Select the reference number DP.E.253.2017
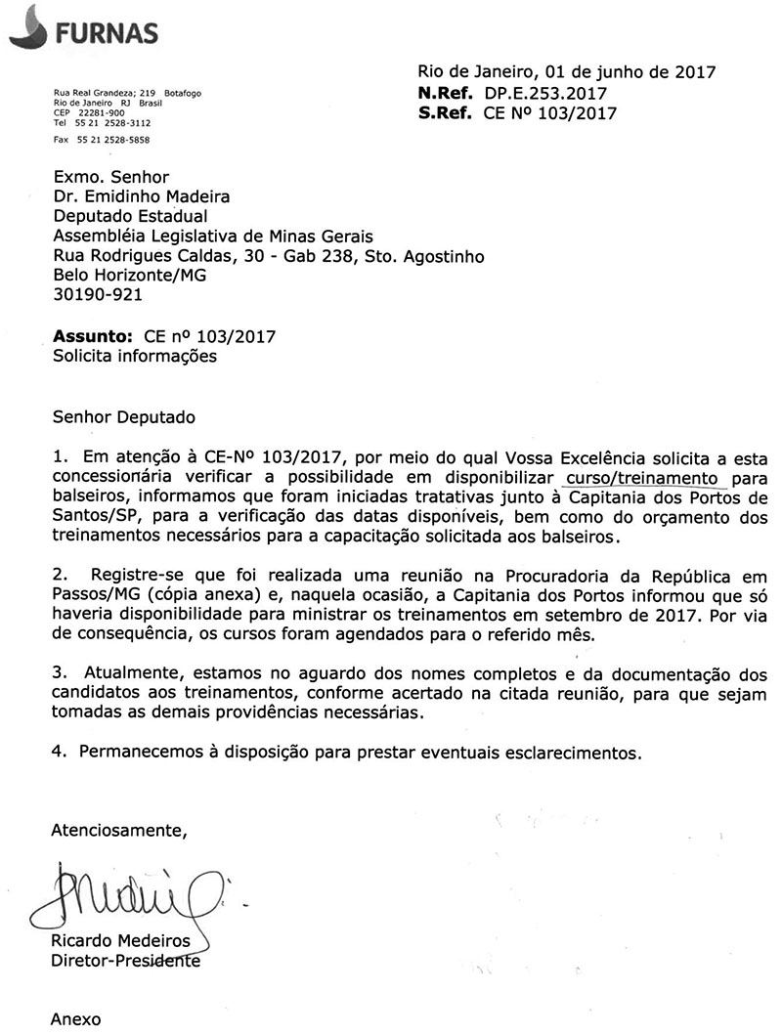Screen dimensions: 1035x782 tap(540, 93)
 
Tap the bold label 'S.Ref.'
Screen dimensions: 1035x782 tap(446, 113)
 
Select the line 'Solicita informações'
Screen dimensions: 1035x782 tap(135, 357)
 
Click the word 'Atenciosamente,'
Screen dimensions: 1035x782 tap(118, 831)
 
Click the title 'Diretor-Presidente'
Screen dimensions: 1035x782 tap(125, 961)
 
